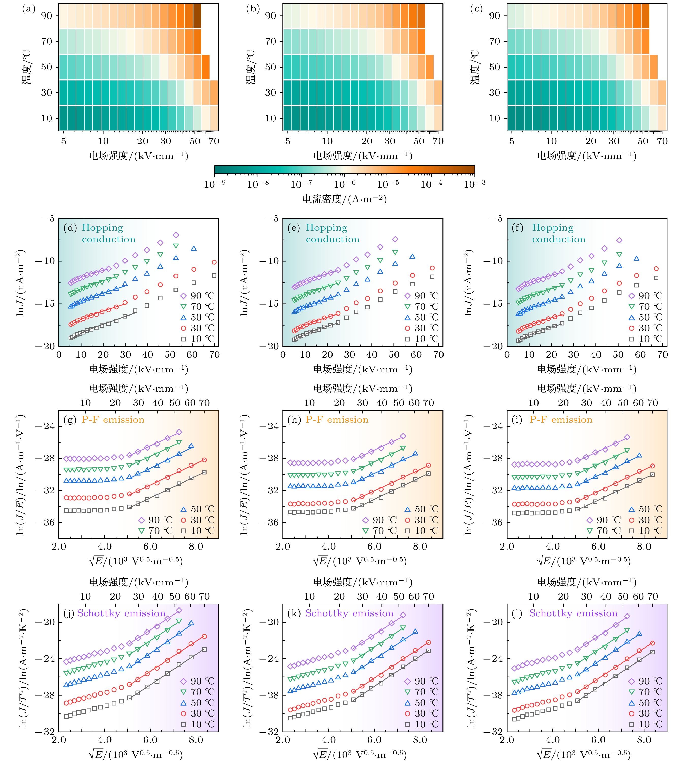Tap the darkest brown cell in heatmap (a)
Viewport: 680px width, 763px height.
pyautogui.click(x=197, y=16)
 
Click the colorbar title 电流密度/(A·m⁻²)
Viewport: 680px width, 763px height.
pyautogui.click(x=344, y=199)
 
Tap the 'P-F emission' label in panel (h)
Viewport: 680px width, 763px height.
pyautogui.click(x=337, y=420)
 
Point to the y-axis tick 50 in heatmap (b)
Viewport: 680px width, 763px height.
pyautogui.click(x=271, y=67)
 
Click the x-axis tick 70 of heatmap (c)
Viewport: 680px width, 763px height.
pyautogui.click(x=662, y=141)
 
